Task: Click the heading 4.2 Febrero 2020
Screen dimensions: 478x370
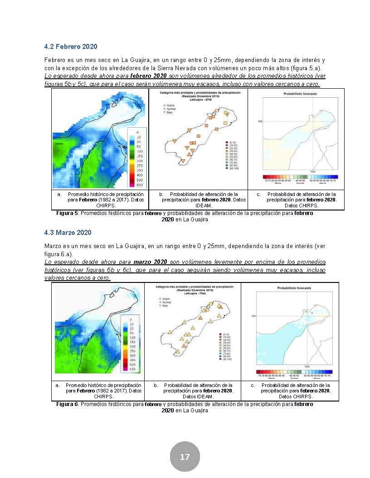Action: [x=71, y=47]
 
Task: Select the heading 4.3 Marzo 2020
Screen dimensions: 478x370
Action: [x=68, y=232]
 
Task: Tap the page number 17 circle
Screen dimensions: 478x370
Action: [x=185, y=457]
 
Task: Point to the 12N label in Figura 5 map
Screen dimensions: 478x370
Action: [x=260, y=121]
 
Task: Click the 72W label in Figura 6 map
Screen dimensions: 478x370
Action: [x=307, y=366]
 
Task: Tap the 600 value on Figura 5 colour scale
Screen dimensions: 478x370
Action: [x=140, y=185]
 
